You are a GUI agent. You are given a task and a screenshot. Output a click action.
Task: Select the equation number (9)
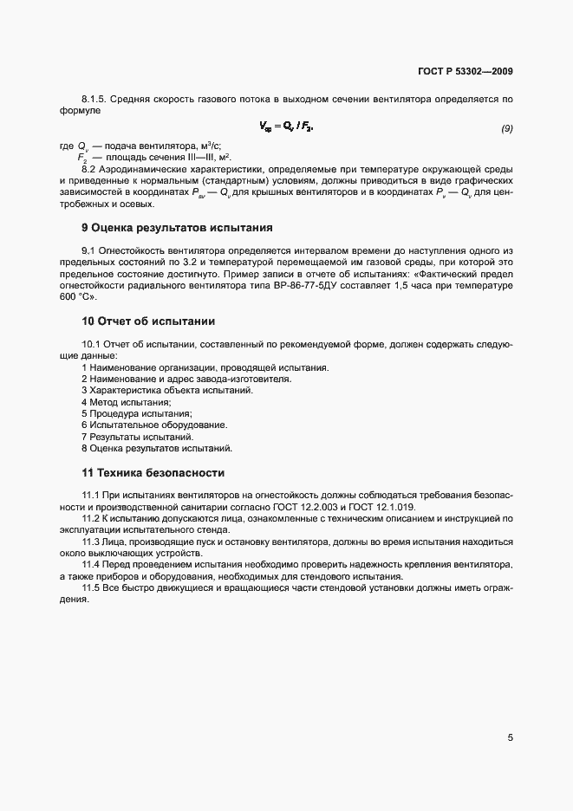[507, 129]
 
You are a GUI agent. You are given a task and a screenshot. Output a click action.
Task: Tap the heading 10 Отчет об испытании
[147, 321]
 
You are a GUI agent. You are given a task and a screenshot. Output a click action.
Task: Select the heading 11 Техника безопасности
[153, 473]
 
